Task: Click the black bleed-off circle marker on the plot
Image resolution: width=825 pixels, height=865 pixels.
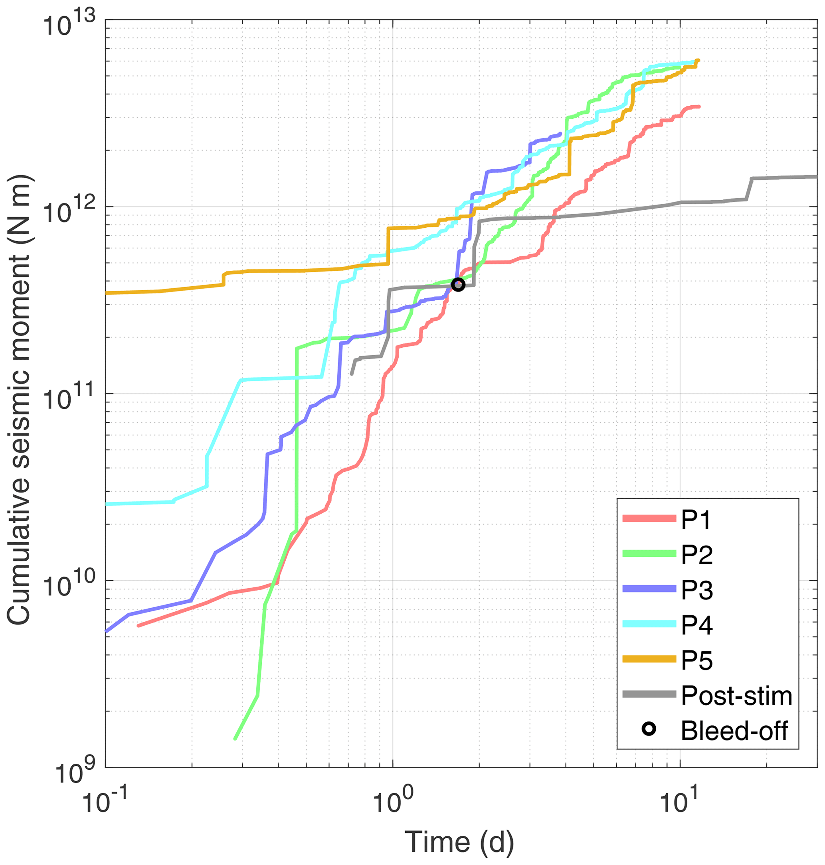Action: click(458, 285)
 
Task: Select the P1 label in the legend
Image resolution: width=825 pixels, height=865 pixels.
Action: click(696, 520)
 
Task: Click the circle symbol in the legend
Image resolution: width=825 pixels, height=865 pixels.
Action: click(649, 730)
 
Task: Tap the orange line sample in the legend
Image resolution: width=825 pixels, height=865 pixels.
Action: click(649, 658)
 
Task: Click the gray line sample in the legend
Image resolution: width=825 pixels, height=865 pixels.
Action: click(649, 694)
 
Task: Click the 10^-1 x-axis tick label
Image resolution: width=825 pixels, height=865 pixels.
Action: click(105, 802)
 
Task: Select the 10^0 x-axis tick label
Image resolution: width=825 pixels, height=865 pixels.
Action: click(393, 802)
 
